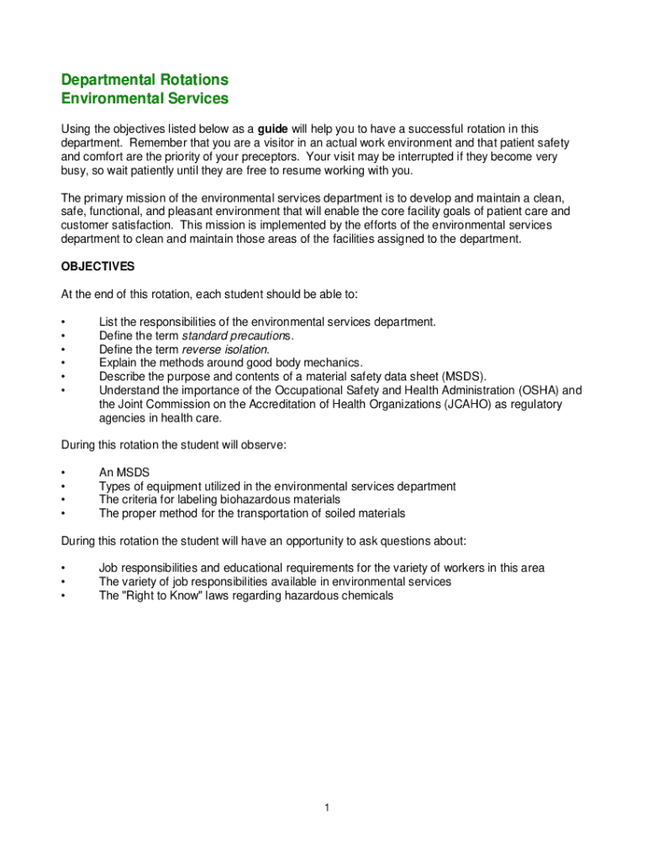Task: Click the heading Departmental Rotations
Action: pos(145,80)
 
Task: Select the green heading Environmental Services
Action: pos(145,99)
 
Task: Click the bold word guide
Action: pos(273,129)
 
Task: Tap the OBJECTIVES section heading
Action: pos(97,266)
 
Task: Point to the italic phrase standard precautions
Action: pos(237,336)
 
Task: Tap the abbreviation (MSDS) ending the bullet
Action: pos(463,376)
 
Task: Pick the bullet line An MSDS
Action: pos(124,473)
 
